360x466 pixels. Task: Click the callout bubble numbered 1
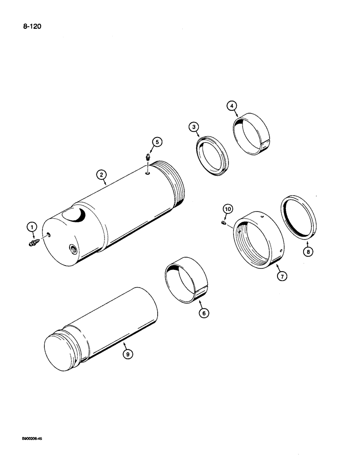32,227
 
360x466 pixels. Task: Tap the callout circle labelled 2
101,175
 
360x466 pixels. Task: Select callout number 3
194,127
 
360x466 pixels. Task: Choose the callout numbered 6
203,313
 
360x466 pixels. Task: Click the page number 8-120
32,27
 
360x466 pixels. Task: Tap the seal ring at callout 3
212,157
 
